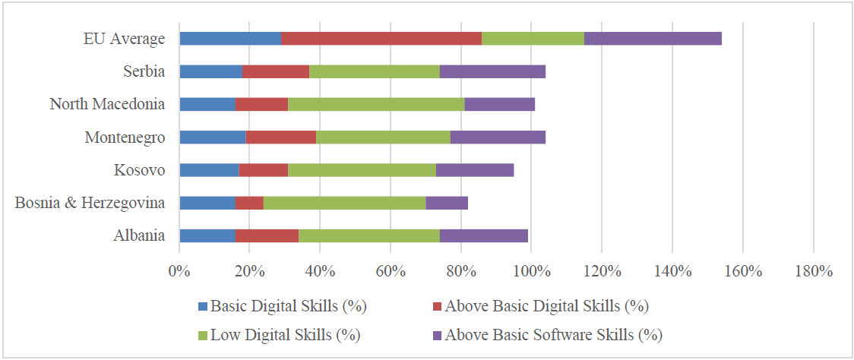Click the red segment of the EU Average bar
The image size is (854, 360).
(381, 39)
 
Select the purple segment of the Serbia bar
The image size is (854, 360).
(492, 71)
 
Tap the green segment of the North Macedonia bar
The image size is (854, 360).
(376, 104)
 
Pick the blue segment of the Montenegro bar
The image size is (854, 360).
(212, 137)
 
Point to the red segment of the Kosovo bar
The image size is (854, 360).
(263, 169)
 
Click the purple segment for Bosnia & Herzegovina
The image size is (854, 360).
(447, 202)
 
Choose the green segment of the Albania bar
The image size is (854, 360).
(369, 235)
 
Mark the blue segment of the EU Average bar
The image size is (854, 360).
(229, 39)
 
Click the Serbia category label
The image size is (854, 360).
(144, 71)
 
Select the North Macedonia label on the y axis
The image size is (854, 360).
(107, 104)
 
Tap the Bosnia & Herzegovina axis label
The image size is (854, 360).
(90, 202)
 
